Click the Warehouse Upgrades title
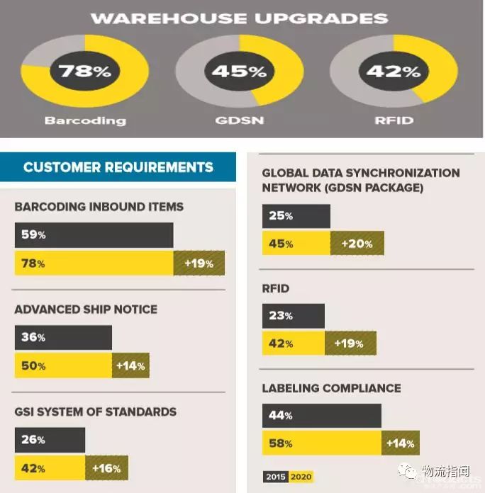point(240,18)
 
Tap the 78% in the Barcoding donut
point(85,71)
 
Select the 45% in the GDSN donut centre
point(239,71)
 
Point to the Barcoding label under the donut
point(85,120)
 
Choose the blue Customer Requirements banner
point(118,168)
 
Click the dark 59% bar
point(94,235)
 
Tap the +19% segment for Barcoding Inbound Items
point(199,263)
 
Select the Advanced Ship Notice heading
point(86,310)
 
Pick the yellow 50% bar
point(63,366)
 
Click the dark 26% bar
point(50,440)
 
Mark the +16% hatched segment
point(106,468)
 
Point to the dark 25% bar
point(296,216)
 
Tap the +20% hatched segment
point(357,244)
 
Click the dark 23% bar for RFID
point(293,316)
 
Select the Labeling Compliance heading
point(331,388)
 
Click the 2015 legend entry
point(275,477)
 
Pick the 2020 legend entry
point(301,477)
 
